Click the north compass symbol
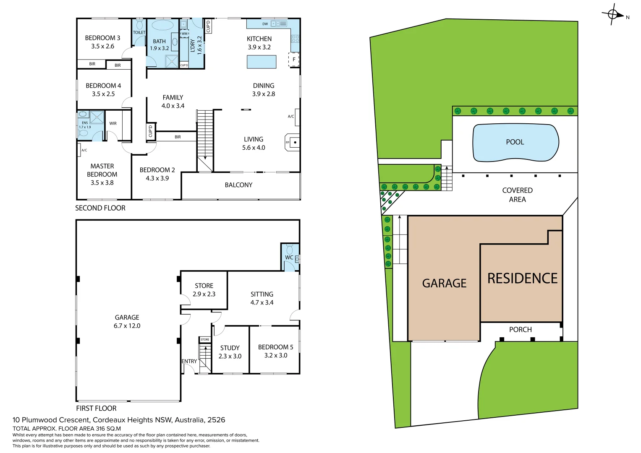tap(613, 15)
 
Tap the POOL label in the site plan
tap(515, 142)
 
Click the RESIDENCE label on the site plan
tap(522, 279)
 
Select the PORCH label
tap(520, 330)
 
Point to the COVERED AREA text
tap(517, 195)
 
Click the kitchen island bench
tap(262, 62)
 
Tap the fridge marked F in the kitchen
tap(294, 60)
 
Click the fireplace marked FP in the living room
tap(293, 143)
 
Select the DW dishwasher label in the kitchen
tap(265, 24)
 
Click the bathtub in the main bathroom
tap(162, 26)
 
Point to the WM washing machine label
tap(184, 34)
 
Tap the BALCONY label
tap(238, 185)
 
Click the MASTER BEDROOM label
tap(102, 170)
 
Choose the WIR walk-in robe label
tap(113, 123)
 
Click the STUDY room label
tap(230, 348)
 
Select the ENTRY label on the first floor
tap(189, 361)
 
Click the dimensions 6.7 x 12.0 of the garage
tap(127, 326)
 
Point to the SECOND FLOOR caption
tap(100, 208)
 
